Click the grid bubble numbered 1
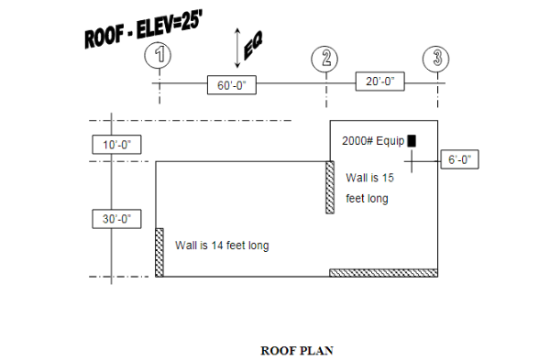pyautogui.click(x=159, y=56)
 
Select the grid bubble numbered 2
pyautogui.click(x=325, y=59)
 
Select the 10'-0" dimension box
pyautogui.click(x=116, y=145)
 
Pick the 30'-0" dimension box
pyautogui.click(x=116, y=219)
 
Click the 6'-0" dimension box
pyautogui.click(x=460, y=159)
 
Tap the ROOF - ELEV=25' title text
pyautogui.click(x=143, y=30)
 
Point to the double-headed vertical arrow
pyautogui.click(x=237, y=47)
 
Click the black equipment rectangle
pyautogui.click(x=412, y=140)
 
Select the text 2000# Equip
pyautogui.click(x=372, y=141)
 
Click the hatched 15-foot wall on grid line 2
pyautogui.click(x=330, y=187)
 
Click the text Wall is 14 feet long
pyautogui.click(x=222, y=245)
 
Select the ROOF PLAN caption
pyautogui.click(x=297, y=350)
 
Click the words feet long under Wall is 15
pyautogui.click(x=368, y=198)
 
